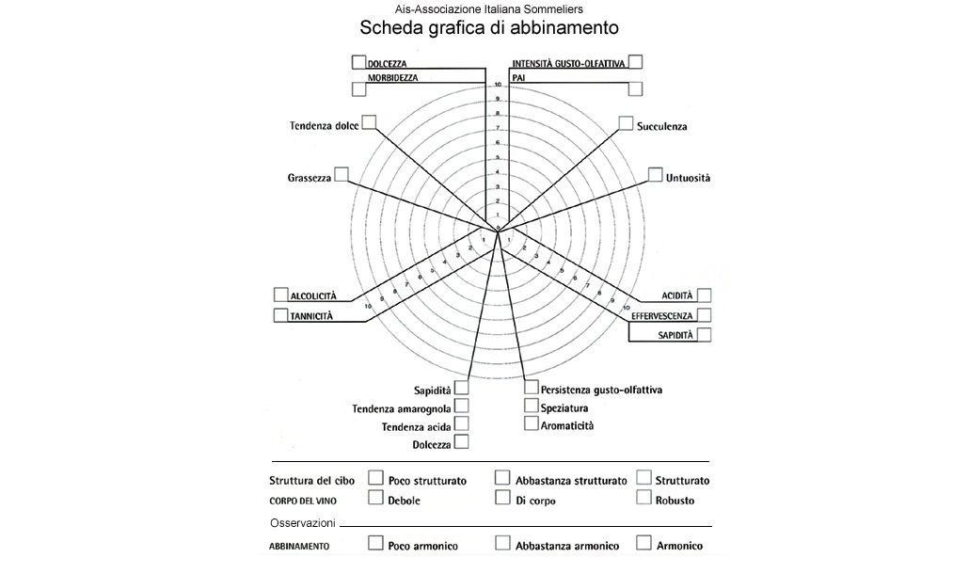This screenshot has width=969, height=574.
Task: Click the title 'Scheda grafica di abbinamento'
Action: click(x=488, y=27)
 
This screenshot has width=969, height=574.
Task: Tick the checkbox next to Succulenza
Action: click(x=626, y=123)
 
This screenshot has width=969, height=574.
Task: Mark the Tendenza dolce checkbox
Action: click(x=369, y=122)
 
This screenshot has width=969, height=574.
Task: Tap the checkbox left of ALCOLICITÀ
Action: click(x=280, y=295)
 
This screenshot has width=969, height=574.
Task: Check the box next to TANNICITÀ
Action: click(x=280, y=315)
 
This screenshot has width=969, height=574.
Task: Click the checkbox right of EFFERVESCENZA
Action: click(x=704, y=315)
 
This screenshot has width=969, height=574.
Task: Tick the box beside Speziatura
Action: click(x=532, y=407)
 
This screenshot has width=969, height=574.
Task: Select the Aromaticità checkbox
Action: click(x=532, y=424)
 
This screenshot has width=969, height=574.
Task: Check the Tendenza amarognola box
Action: click(x=461, y=407)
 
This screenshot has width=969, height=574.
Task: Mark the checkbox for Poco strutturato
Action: click(x=376, y=478)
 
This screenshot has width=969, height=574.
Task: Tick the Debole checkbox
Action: click(x=376, y=498)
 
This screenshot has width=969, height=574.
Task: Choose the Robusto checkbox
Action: click(x=644, y=498)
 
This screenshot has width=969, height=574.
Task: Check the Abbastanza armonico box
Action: click(x=502, y=543)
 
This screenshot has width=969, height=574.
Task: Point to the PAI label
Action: click(x=518, y=77)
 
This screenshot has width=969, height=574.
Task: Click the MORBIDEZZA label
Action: click(x=393, y=77)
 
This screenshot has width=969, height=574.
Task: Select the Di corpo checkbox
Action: click(x=502, y=498)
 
